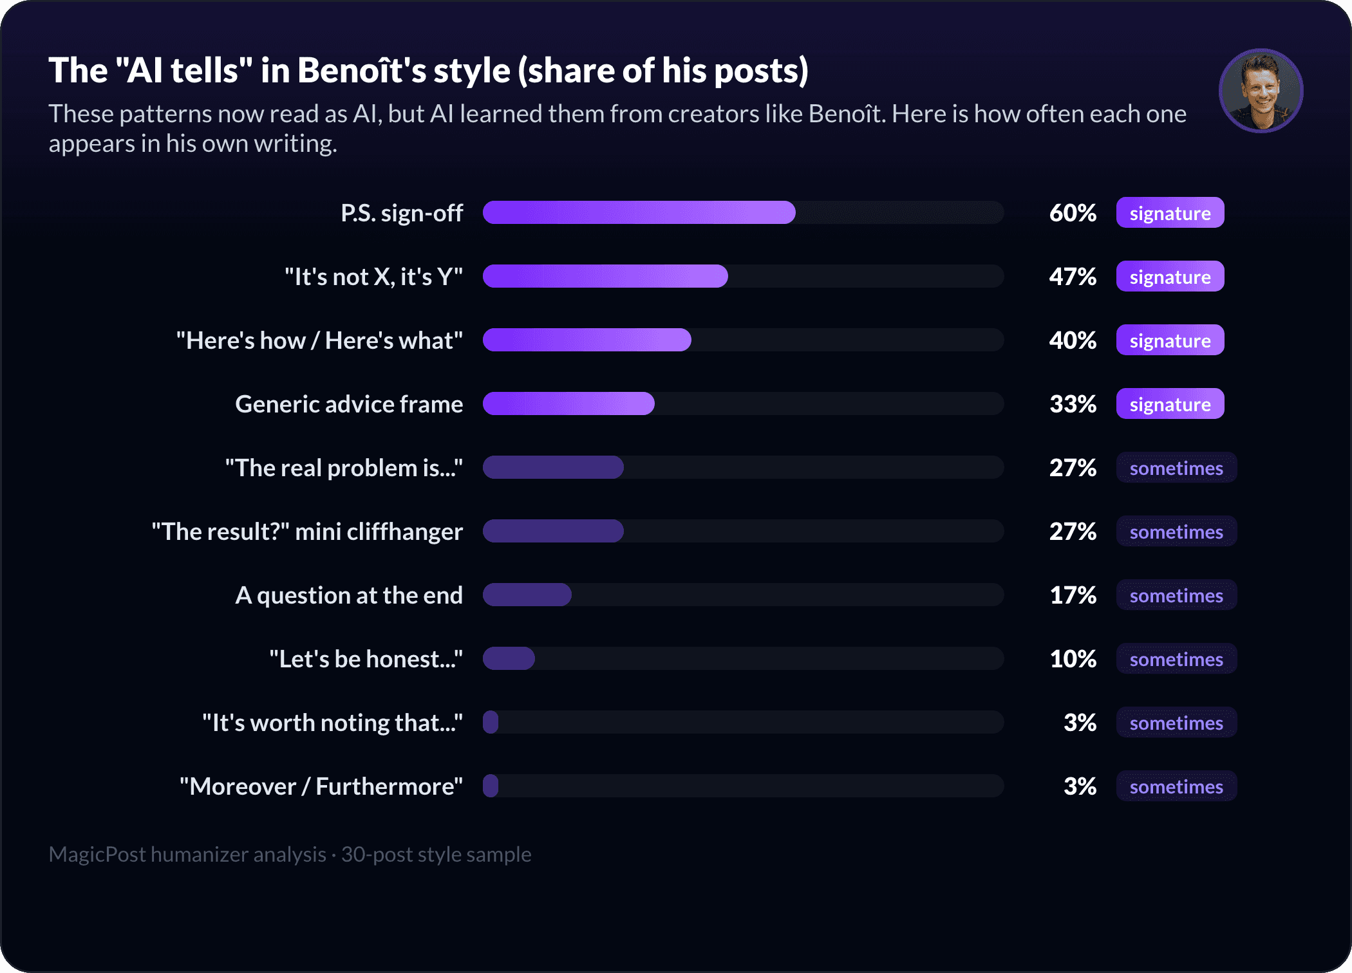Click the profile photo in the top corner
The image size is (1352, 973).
[x=1261, y=91]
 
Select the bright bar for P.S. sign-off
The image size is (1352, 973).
[x=639, y=212]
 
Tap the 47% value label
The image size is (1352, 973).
[x=1073, y=277]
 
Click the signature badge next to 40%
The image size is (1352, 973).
[x=1170, y=340]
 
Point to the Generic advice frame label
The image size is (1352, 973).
[x=349, y=404]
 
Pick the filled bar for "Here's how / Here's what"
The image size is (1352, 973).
[x=587, y=340]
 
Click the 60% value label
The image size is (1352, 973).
[x=1073, y=213]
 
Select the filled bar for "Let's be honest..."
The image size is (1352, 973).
[x=509, y=658]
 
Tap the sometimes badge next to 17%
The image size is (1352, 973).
[x=1176, y=595]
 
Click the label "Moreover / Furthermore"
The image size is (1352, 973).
[x=321, y=786]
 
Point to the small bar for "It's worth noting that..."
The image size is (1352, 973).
[x=491, y=722]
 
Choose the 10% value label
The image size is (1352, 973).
[x=1073, y=659]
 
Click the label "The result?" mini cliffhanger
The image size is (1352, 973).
[x=307, y=532]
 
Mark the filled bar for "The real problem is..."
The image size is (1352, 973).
[x=553, y=467]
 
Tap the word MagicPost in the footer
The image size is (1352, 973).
[x=97, y=854]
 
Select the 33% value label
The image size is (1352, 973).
[x=1073, y=404]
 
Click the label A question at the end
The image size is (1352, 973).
[x=349, y=595]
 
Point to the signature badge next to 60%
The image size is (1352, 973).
[x=1170, y=212]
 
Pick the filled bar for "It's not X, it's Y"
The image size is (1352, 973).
[x=605, y=276]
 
